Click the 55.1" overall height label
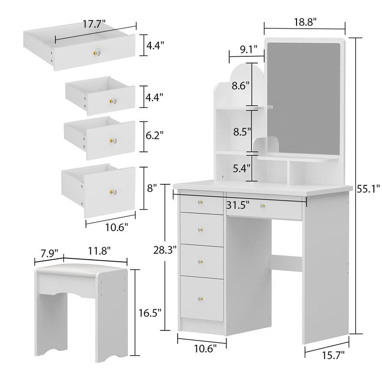point(368,188)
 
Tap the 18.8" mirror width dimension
point(304,21)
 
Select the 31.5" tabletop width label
point(239,205)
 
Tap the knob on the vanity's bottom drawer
point(201,299)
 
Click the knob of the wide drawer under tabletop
point(263,206)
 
